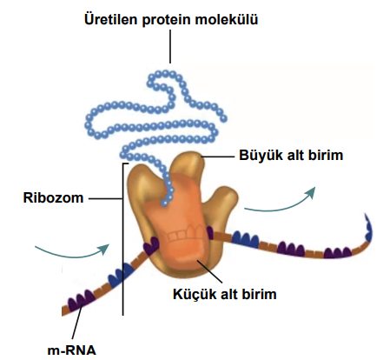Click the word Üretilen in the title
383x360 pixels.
pos(111,19)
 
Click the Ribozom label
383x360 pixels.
pos(53,198)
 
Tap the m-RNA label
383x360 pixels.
pos(71,350)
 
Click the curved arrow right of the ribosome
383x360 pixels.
pos(279,202)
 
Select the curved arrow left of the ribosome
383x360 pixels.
pos(72,251)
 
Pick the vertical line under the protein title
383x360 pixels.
pos(170,46)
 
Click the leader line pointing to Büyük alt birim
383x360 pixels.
pos(218,157)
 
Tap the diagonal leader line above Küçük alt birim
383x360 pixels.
pos(209,271)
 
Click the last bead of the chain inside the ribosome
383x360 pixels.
pos(164,203)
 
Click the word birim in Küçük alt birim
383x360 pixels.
pos(261,294)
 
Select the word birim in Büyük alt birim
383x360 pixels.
pos(327,156)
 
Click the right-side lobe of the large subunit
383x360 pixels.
pos(227,202)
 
